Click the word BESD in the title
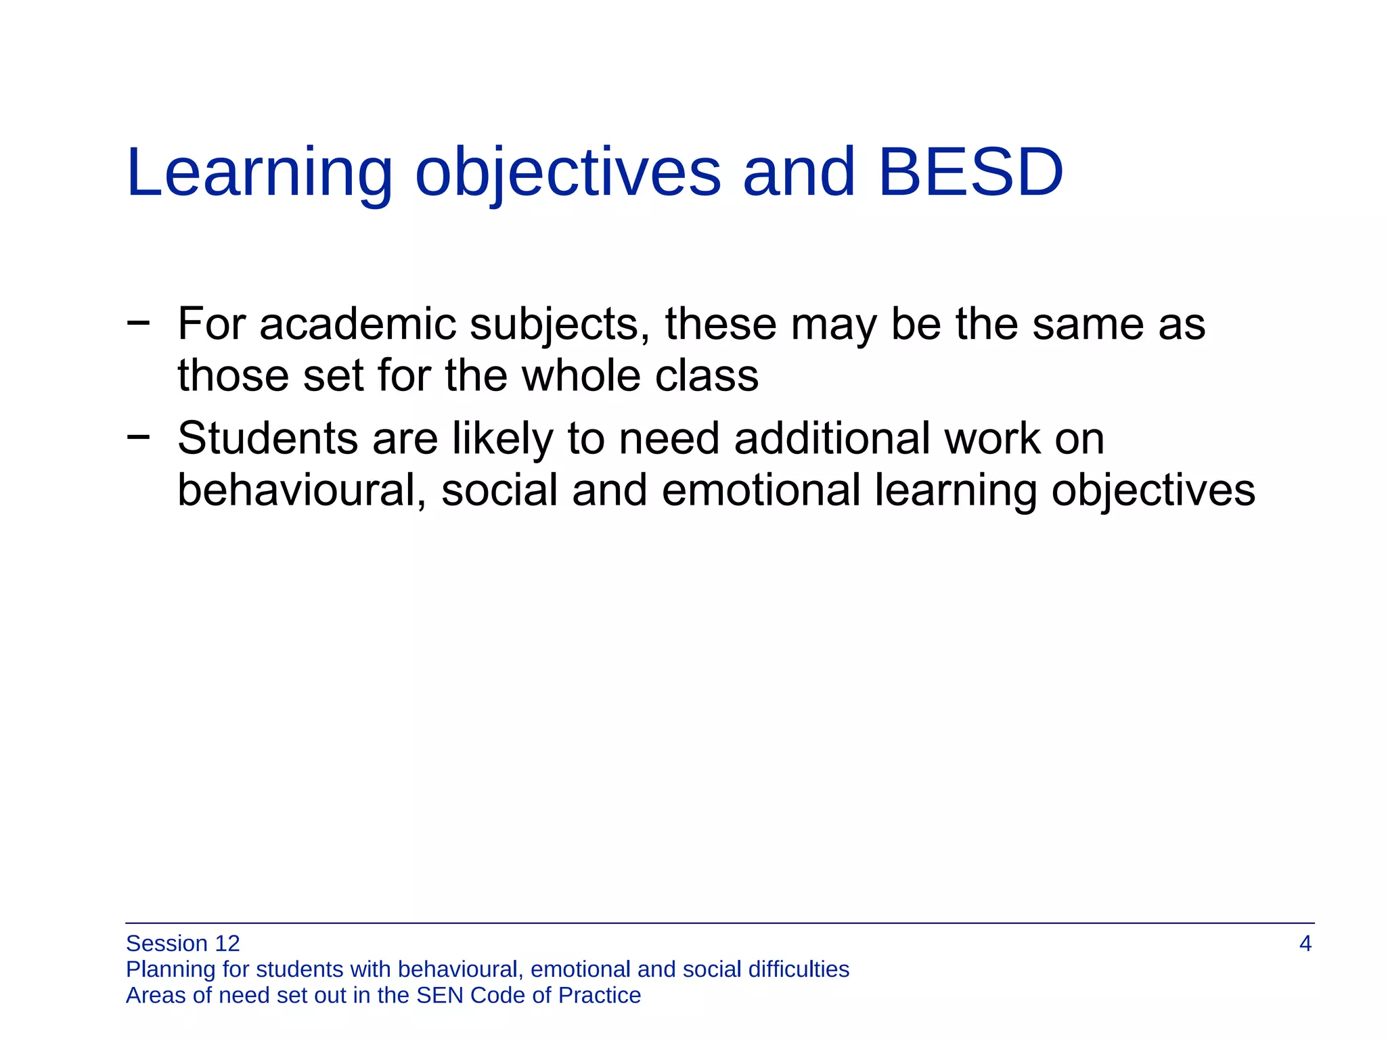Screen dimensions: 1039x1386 pyautogui.click(x=970, y=172)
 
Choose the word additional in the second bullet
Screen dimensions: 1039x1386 pyautogui.click(x=832, y=438)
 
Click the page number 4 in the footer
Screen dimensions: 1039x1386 pyautogui.click(x=1305, y=944)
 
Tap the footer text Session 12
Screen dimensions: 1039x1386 pyautogui.click(x=183, y=944)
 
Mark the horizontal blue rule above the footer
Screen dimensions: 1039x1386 pyautogui.click(x=719, y=923)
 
